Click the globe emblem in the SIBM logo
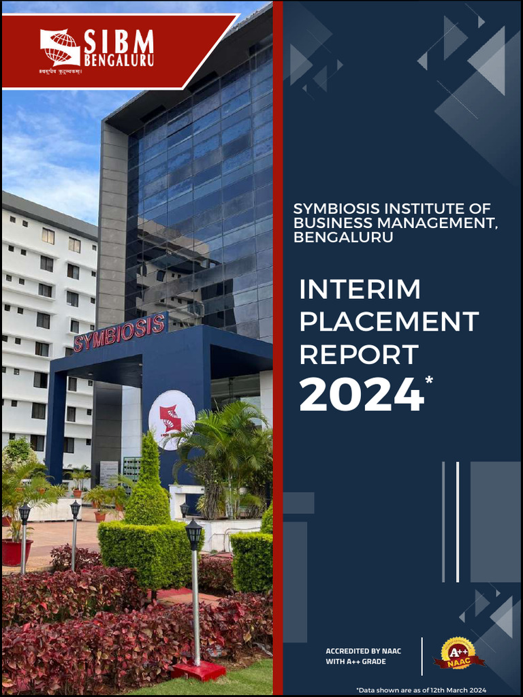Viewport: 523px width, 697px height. point(60,47)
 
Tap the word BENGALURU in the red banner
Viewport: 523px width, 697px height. point(118,61)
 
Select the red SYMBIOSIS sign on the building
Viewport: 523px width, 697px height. point(120,332)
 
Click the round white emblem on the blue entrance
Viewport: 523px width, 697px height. point(172,419)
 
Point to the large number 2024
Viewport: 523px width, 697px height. point(361,395)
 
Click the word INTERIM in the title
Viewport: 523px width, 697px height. point(360,290)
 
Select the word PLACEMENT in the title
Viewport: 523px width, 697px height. point(389,322)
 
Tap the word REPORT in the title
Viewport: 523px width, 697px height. point(358,355)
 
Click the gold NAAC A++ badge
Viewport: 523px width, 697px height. point(458,654)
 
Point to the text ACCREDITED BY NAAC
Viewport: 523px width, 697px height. point(363,651)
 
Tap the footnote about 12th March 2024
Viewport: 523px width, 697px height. point(421,690)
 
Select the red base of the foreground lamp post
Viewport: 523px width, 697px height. point(198,670)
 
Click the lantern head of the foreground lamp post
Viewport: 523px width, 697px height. point(193,533)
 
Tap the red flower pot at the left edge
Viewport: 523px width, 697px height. point(16,551)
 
